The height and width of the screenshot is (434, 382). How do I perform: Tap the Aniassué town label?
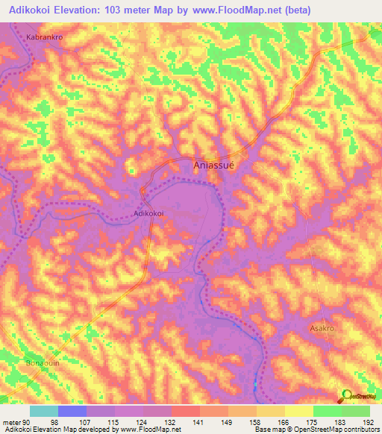point(214,166)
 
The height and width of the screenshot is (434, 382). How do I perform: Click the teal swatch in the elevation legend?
point(44,411)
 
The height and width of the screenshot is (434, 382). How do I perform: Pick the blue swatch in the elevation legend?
point(72,411)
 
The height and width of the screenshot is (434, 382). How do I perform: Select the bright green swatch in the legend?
point(328,411)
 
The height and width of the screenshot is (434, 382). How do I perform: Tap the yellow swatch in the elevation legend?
point(299,411)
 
